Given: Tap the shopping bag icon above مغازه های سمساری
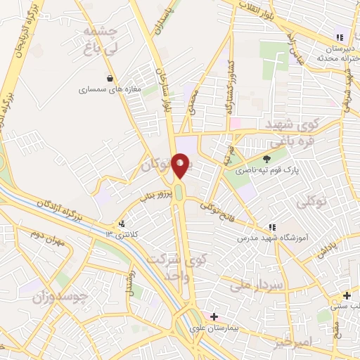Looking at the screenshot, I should pos(109,78).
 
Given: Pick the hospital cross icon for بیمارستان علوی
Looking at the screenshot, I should pos(214,317).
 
